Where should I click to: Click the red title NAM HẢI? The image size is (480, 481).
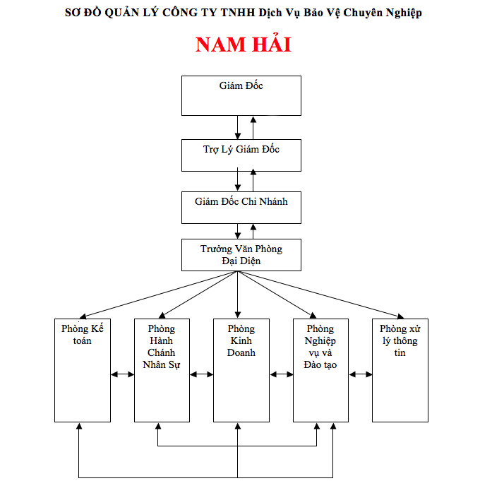[x=243, y=44]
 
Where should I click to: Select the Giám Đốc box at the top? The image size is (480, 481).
[x=241, y=95]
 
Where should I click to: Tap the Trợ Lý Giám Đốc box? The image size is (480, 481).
[x=241, y=155]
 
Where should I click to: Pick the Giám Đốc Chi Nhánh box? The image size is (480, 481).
[x=241, y=207]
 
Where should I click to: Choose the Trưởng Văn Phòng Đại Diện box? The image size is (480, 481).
[x=241, y=255]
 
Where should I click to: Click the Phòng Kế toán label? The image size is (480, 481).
[x=83, y=334]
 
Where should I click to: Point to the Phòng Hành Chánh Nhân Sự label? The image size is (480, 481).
[x=162, y=347]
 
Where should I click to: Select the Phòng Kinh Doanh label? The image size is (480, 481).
[x=241, y=340]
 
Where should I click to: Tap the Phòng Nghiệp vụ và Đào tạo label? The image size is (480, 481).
[x=320, y=347]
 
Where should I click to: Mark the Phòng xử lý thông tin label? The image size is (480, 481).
[x=400, y=340]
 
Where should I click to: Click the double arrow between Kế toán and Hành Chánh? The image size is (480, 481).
[x=122, y=374]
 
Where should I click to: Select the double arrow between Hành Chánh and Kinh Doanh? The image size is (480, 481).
[x=201, y=374]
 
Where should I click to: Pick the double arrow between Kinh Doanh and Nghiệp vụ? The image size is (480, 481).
[x=281, y=374]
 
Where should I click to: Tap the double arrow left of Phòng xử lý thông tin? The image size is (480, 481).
[x=360, y=374]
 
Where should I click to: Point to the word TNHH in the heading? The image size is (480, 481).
[x=241, y=13]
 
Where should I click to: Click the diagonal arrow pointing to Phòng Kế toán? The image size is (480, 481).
[x=155, y=295]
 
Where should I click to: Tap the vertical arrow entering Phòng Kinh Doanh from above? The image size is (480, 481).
[x=238, y=297]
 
